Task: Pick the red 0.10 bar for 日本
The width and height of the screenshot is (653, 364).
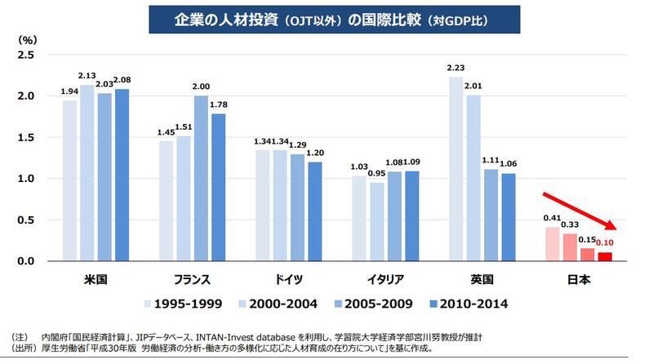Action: click(x=605, y=256)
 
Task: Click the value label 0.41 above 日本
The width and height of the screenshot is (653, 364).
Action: click(x=553, y=219)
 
